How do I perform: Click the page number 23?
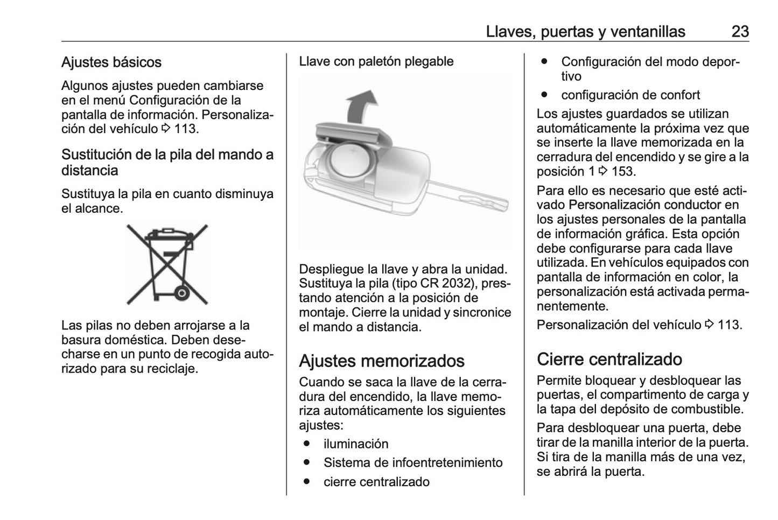pyautogui.click(x=740, y=31)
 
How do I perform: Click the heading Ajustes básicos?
pyautogui.click(x=111, y=62)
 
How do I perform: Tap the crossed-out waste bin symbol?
pyautogui.click(x=167, y=264)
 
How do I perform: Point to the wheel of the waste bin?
pyautogui.click(x=181, y=293)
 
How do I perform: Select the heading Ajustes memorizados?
pyautogui.click(x=381, y=361)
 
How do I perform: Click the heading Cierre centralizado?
pyautogui.click(x=609, y=359)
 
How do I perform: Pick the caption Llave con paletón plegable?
pyautogui.click(x=376, y=61)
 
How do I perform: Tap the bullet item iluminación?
pyautogui.click(x=355, y=444)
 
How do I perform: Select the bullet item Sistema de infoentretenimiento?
pyautogui.click(x=412, y=463)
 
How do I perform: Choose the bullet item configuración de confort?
pyautogui.click(x=630, y=95)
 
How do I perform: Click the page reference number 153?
pyautogui.click(x=622, y=172)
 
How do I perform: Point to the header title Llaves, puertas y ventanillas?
pyautogui.click(x=585, y=31)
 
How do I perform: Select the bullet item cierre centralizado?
pyautogui.click(x=376, y=482)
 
